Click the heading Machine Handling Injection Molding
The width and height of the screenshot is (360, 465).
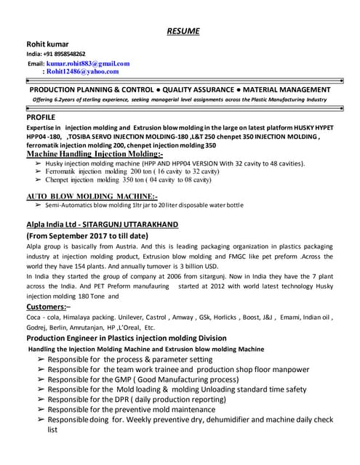(95, 155)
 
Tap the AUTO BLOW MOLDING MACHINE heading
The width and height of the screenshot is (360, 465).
(92, 196)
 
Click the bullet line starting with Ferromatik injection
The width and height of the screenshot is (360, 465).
(128, 171)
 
